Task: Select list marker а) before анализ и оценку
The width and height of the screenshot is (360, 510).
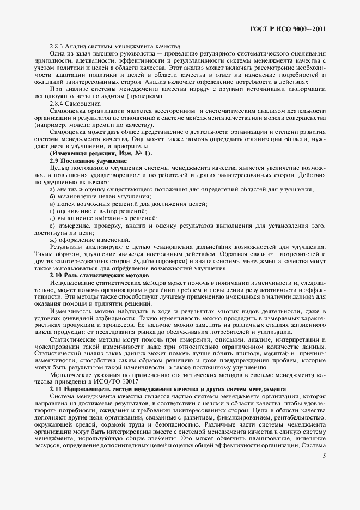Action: click(x=52, y=189)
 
